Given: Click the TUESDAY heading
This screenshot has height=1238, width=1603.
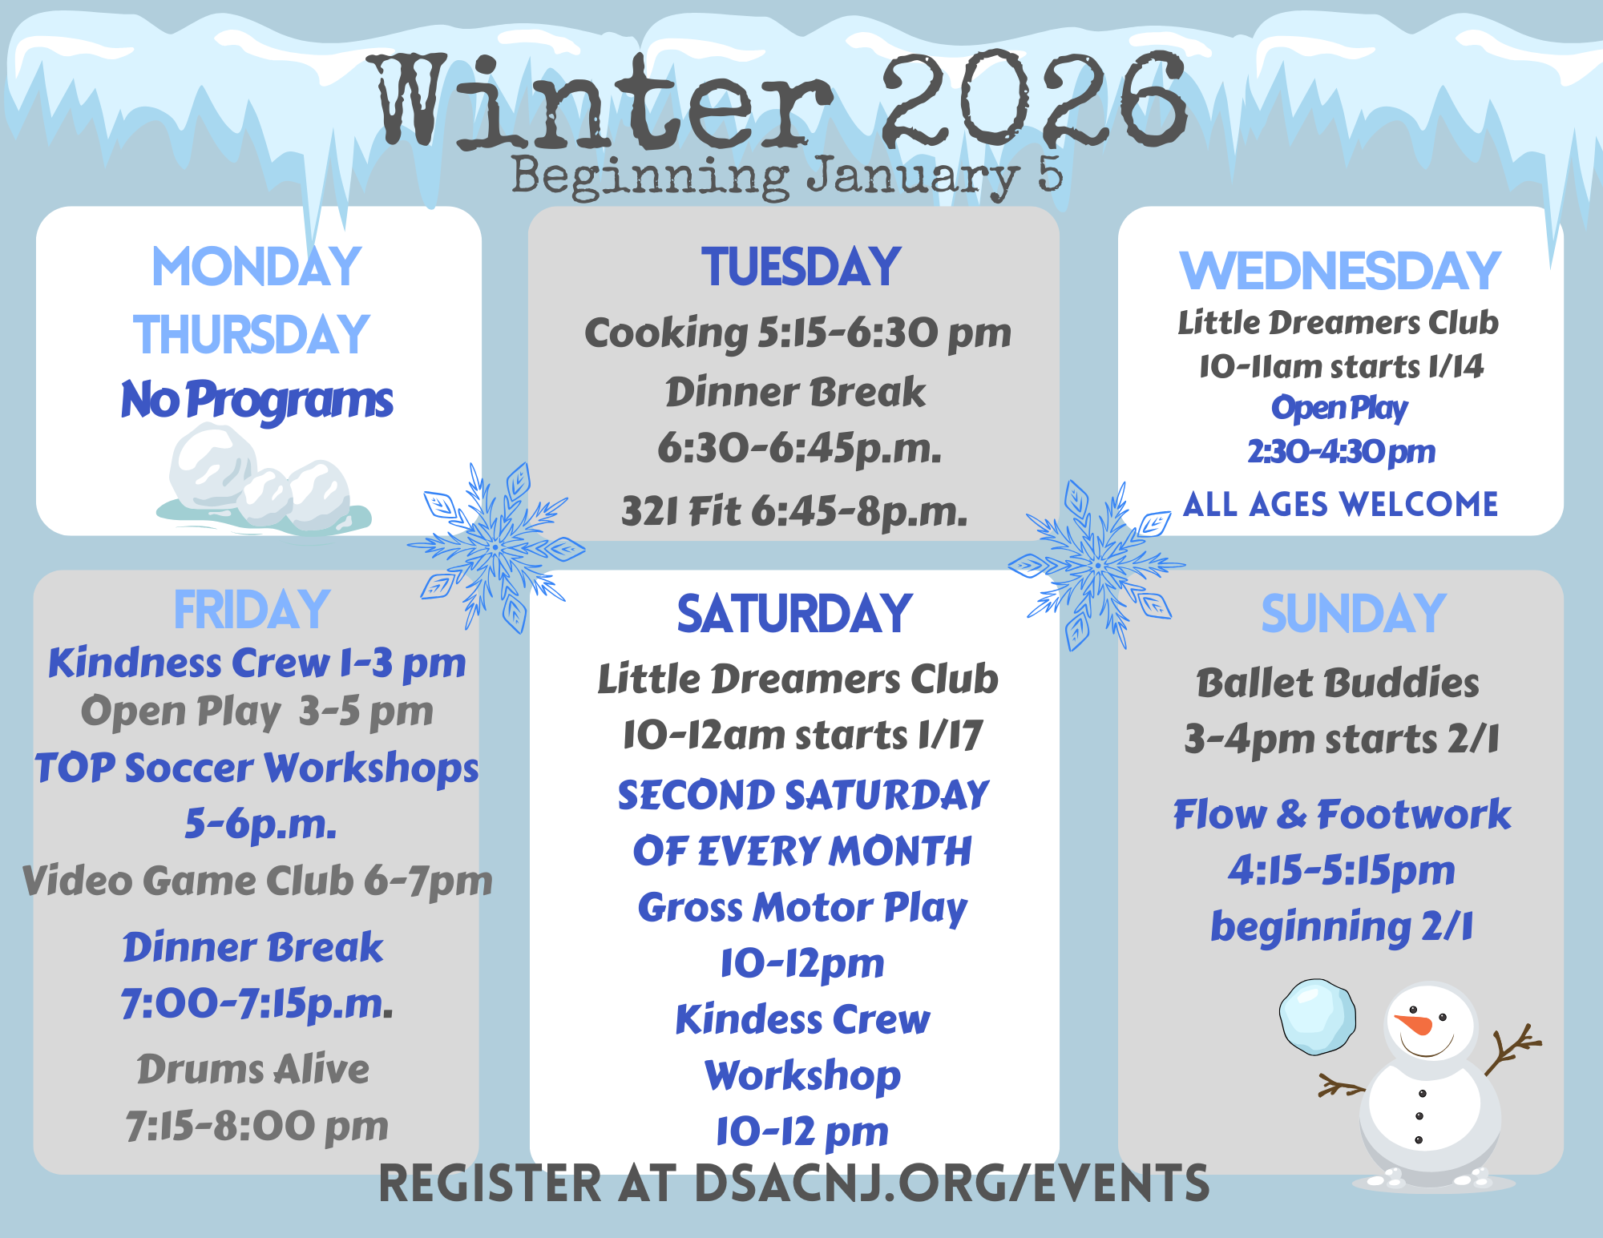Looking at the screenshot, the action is coord(801,267).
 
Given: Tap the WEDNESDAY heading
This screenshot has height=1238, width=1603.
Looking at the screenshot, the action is coord(1339,271).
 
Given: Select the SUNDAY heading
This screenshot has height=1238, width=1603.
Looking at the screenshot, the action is coord(1353,614).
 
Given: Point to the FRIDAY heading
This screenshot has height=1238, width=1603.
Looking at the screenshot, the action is coord(252,610).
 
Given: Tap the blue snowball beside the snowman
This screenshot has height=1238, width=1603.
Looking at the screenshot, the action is coord(1318,1016).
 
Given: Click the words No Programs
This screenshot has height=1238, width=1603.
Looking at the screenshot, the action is coord(256,401).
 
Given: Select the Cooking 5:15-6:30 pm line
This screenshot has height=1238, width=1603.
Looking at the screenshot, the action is coord(797,333).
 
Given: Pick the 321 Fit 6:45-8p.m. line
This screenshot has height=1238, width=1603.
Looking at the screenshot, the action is coord(794,510).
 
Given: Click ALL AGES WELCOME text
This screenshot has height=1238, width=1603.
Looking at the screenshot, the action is coord(1340,505).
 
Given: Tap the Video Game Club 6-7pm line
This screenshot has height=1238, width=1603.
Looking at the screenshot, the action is coord(256,881).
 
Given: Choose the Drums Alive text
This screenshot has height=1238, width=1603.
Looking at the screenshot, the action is coord(253,1069).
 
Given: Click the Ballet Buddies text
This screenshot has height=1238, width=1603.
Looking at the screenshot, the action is coord(1338,684).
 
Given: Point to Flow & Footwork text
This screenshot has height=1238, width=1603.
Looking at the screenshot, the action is coord(1342,815).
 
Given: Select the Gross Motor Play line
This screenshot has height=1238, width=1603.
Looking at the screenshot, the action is coord(802,908).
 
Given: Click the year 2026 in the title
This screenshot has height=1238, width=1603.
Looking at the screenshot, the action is coord(1034,100).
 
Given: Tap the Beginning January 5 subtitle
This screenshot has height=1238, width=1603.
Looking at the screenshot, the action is coord(787,176).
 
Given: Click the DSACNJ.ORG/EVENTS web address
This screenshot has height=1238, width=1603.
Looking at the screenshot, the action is coord(951,1184).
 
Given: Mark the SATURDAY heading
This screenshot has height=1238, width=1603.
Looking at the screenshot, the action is coord(794,614).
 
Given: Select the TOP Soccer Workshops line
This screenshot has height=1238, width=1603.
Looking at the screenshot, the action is coord(256,768).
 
